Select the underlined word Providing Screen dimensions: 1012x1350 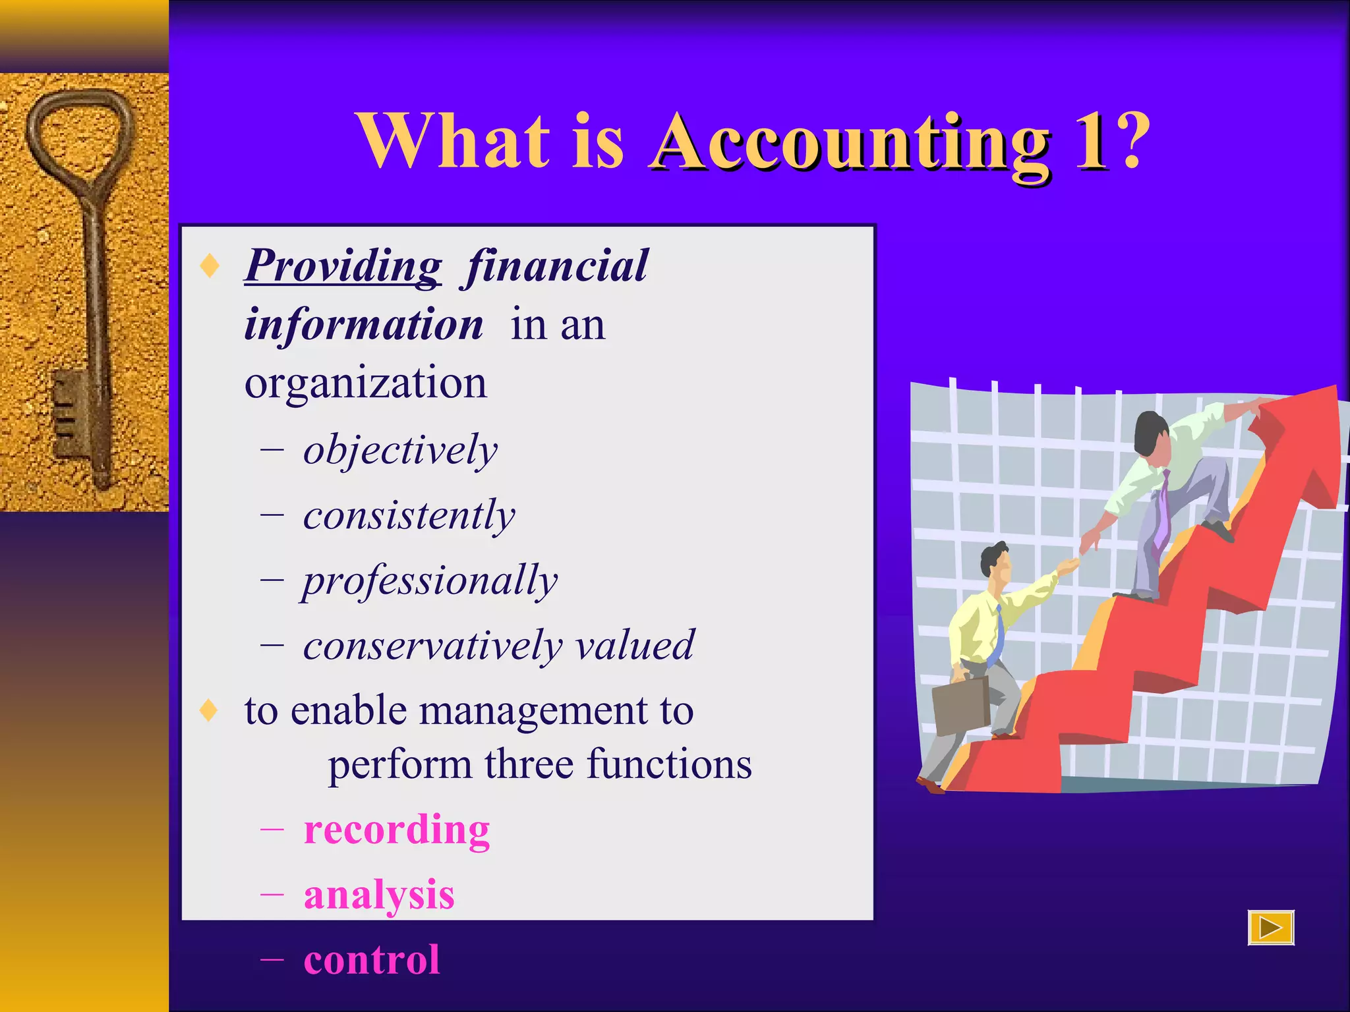[x=343, y=266]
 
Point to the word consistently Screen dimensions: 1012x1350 [x=409, y=516]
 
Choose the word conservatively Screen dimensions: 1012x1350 [x=432, y=646]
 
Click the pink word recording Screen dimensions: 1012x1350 [x=397, y=829]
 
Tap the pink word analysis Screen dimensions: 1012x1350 [x=379, y=895]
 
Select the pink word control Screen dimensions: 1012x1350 [x=372, y=960]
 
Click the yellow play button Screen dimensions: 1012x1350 [x=1270, y=928]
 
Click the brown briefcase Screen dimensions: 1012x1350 [x=961, y=706]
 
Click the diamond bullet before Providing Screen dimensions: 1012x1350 [x=210, y=266]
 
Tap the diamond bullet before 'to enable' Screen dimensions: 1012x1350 [x=209, y=711]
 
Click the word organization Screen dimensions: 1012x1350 [x=365, y=383]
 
